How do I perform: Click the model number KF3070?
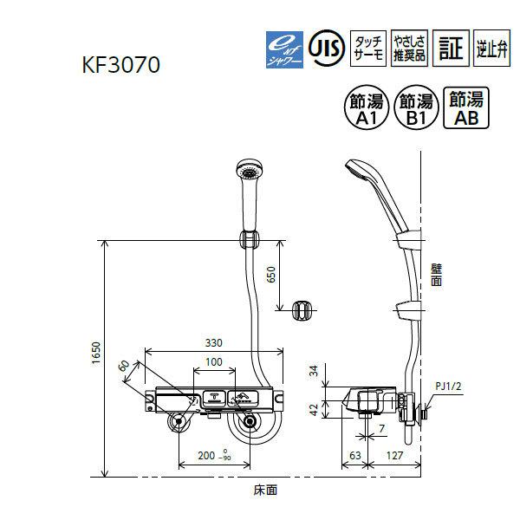(122, 65)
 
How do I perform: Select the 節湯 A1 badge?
(367, 107)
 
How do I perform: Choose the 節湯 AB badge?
(460, 107)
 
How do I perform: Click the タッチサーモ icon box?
(367, 46)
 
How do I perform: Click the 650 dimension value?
(270, 276)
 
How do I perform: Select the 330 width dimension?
(212, 344)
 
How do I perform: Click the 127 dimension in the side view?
(393, 454)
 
